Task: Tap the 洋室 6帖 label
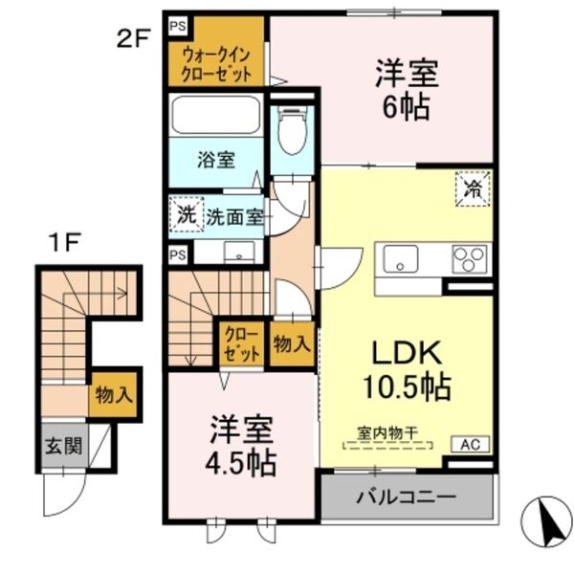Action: [401, 90]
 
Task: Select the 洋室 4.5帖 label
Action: [243, 446]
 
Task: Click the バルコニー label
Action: [408, 498]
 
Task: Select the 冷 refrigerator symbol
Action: [471, 188]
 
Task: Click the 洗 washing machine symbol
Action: [186, 215]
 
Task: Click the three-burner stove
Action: [467, 258]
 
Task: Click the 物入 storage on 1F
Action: [113, 393]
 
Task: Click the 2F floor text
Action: [134, 40]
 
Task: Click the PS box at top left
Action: [178, 26]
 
